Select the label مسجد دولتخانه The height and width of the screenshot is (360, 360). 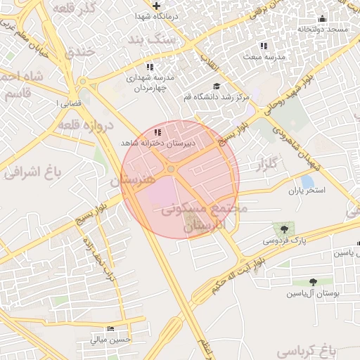point(323,30)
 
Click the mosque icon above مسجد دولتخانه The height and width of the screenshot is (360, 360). point(323,19)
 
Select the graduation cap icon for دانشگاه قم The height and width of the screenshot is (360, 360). point(217,86)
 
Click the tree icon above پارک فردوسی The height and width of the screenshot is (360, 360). point(284,229)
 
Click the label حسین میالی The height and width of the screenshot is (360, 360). point(110,339)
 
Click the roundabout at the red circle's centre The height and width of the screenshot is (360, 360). point(171,169)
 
